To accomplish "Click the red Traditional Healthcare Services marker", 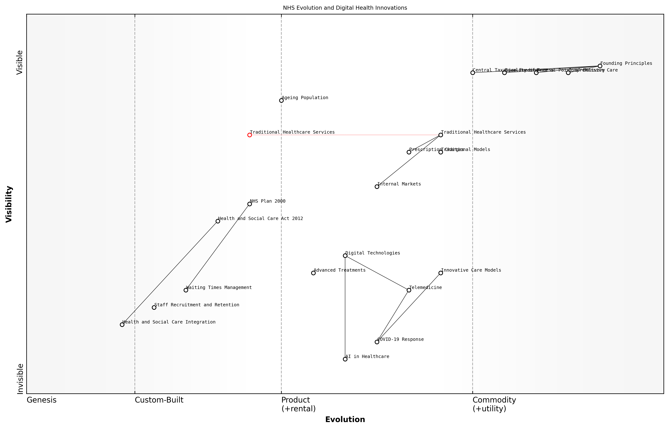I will click(x=250, y=135).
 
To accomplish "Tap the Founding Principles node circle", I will click(x=600, y=66).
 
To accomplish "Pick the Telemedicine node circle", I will click(x=409, y=290).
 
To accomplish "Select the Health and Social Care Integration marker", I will click(x=122, y=325).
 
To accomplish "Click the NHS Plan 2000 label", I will click(x=268, y=201).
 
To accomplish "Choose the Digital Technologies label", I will click(x=373, y=253).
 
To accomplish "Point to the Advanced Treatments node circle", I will click(x=313, y=273).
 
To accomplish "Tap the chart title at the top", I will click(x=345, y=8).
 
